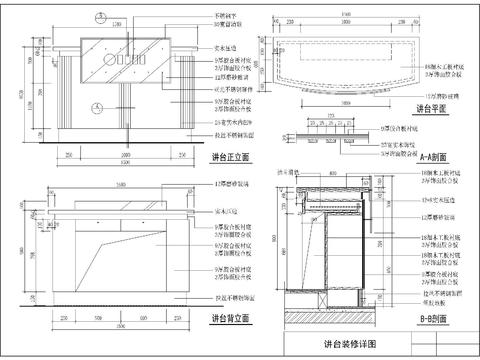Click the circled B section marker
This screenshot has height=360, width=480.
pos(100,17)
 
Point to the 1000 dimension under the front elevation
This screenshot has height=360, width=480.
pos(126,155)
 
